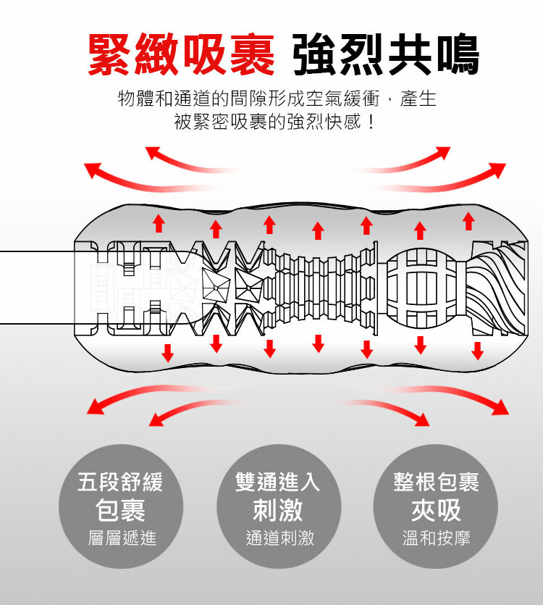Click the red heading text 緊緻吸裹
[181, 54]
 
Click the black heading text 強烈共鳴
[386, 54]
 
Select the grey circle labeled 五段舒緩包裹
[120, 506]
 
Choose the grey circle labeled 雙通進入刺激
[278, 506]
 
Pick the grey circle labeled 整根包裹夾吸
[436, 506]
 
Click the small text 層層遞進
[120, 538]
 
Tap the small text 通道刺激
[278, 538]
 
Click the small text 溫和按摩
[436, 538]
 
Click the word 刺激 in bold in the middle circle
[278, 510]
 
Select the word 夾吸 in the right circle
[436, 510]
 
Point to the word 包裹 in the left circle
[120, 510]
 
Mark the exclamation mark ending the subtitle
[371, 121]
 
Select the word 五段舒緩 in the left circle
[120, 481]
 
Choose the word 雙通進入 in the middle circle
[278, 481]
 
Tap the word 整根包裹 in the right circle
[436, 481]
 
